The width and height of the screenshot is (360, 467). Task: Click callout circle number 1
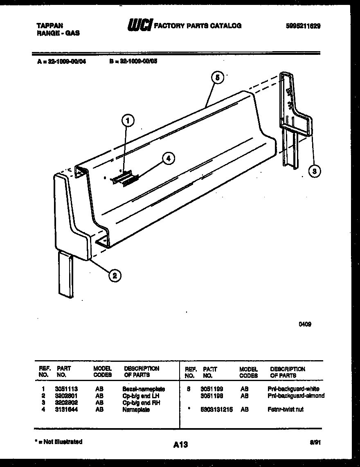tap(128, 120)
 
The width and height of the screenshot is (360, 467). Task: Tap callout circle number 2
tap(115, 276)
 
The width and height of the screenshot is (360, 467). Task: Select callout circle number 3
tap(314, 171)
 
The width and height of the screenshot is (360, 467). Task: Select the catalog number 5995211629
tap(303, 25)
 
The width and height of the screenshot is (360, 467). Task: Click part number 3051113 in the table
tap(67, 389)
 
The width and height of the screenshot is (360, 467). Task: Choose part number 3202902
tap(67, 403)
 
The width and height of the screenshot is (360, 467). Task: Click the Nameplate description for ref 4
tap(133, 409)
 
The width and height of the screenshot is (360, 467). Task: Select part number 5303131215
tap(216, 409)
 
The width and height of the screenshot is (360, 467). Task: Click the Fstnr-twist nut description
tap(285, 409)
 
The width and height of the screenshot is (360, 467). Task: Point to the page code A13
tap(180, 444)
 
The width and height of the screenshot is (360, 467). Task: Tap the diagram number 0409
tap(305, 324)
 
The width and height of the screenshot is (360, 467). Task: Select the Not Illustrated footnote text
tap(59, 442)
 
